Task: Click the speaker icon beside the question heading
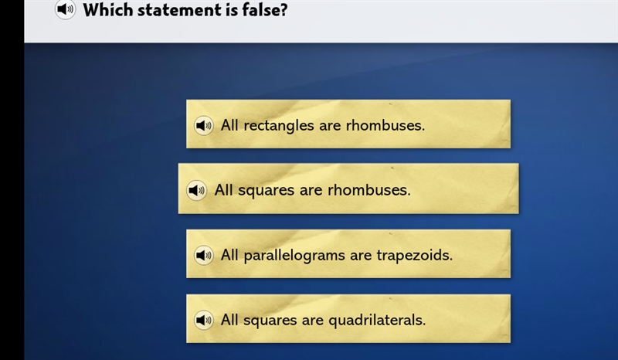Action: click(x=65, y=9)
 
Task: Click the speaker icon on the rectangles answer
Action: click(x=204, y=125)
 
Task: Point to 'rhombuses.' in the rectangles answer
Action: click(x=385, y=125)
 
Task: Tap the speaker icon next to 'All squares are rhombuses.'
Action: click(x=196, y=191)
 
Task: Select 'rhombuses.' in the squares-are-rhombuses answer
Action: click(x=369, y=190)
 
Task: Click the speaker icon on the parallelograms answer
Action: click(x=204, y=255)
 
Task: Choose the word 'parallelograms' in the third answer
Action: click(x=294, y=256)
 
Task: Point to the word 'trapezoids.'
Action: click(x=414, y=255)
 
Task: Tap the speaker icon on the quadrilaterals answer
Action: click(x=204, y=320)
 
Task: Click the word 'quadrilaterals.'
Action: click(x=377, y=320)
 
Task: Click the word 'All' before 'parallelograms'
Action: click(x=229, y=255)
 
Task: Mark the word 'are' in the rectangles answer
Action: click(x=330, y=126)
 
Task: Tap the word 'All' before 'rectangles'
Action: click(x=229, y=125)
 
